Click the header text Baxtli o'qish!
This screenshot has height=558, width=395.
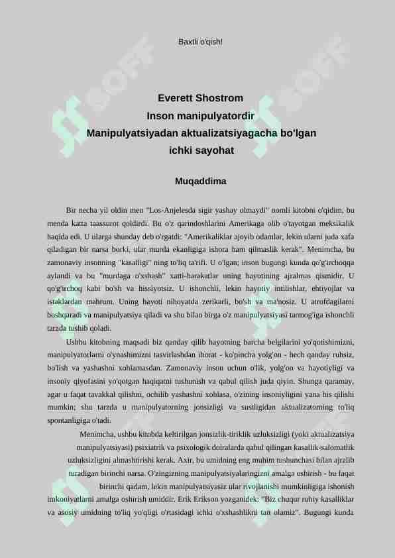201,42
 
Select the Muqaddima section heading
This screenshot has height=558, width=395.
201,181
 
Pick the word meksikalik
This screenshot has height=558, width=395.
333,223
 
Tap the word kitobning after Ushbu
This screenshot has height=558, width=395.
108,341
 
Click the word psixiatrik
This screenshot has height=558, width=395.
154,447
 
